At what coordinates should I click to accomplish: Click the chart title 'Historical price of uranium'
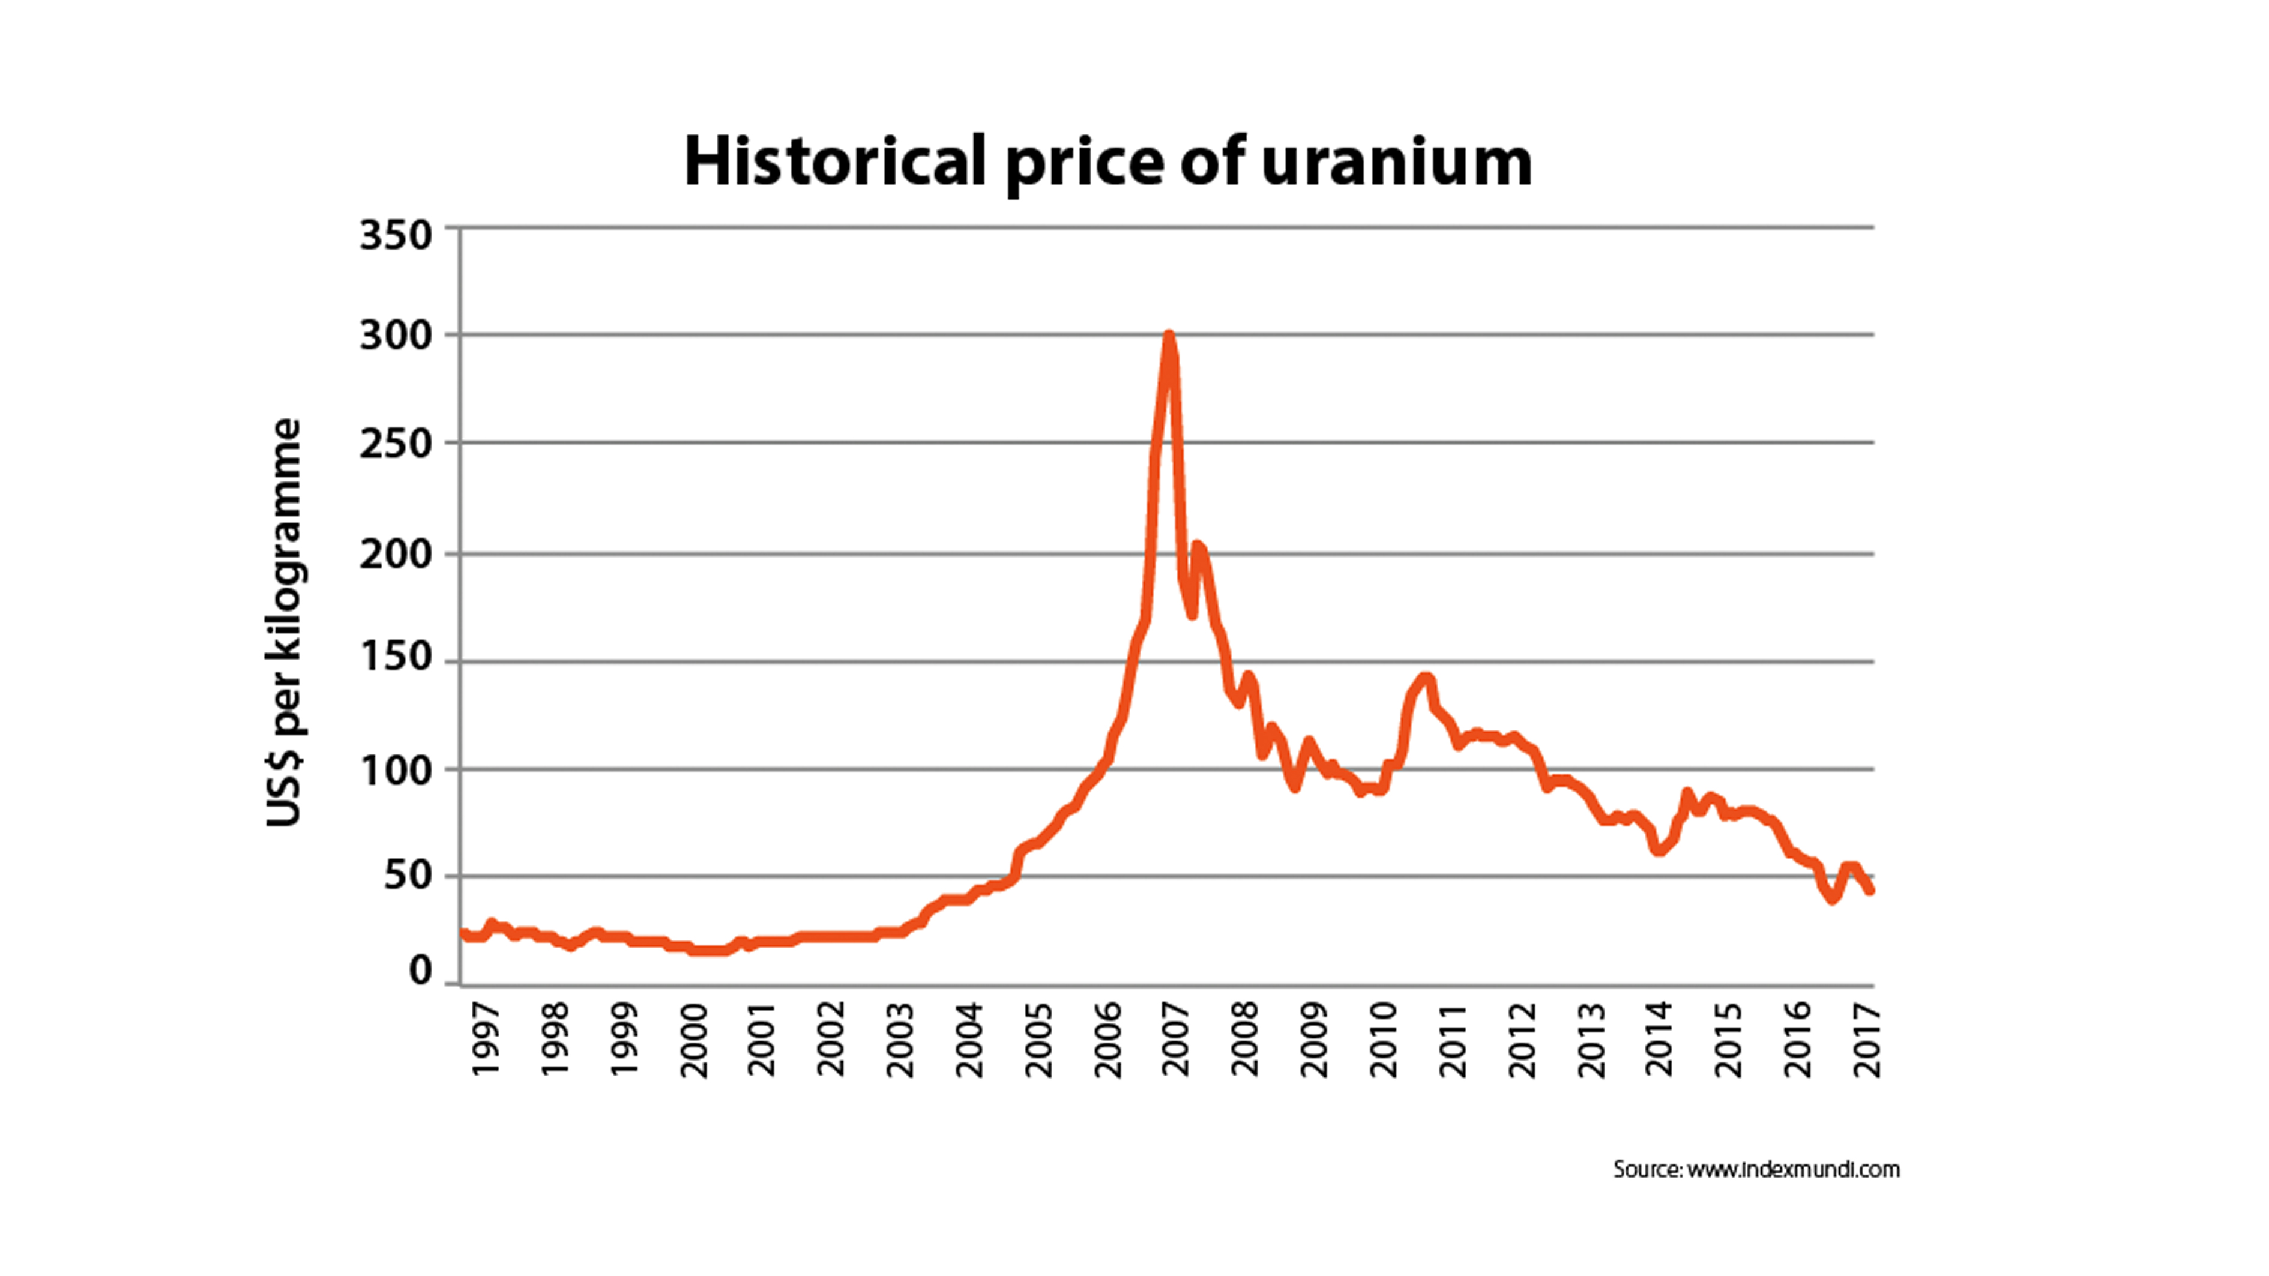click(1107, 162)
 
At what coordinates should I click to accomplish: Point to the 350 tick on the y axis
click(396, 235)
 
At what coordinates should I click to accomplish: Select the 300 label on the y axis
click(396, 336)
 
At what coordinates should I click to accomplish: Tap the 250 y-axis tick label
click(396, 443)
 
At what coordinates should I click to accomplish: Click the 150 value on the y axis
click(396, 657)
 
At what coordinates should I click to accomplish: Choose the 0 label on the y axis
click(420, 971)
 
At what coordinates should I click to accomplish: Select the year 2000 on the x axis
click(694, 1038)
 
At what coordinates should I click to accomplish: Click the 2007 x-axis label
click(1176, 1038)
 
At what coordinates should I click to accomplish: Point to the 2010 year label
click(1384, 1038)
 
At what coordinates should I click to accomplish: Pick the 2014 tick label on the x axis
click(1660, 1038)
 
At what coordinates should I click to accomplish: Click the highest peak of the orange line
click(1169, 336)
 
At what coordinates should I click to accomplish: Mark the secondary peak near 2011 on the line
click(1426, 678)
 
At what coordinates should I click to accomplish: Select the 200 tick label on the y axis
click(396, 554)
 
